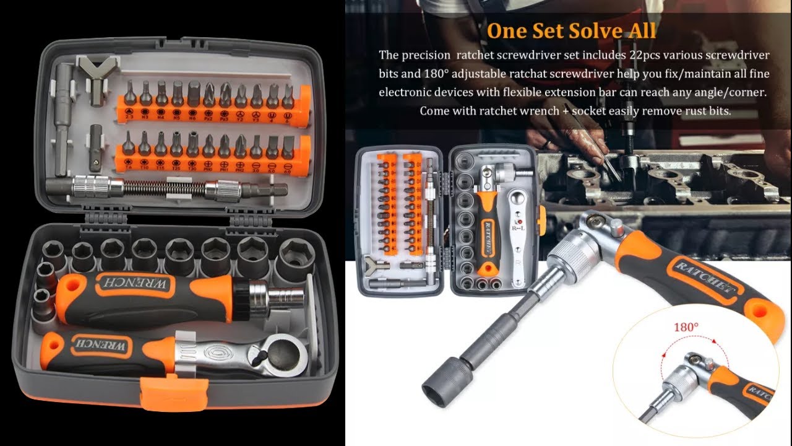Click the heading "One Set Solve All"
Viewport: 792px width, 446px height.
point(571,31)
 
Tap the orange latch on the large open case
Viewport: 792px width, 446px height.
point(173,393)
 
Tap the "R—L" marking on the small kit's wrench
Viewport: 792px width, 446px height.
point(518,228)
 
